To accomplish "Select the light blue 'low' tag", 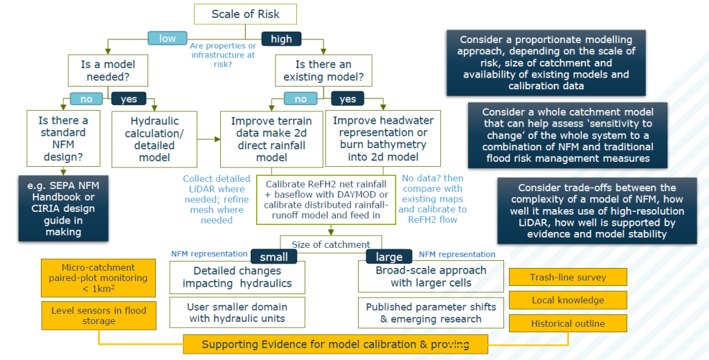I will (x=168, y=38).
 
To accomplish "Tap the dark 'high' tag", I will (x=281, y=39).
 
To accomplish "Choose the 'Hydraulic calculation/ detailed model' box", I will (x=150, y=138).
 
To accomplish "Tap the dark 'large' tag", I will (x=388, y=257).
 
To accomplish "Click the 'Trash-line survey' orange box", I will (x=568, y=278).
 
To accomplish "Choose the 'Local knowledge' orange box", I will (x=568, y=300).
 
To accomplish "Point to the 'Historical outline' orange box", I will (x=568, y=323).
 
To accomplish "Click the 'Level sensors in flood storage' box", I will (x=99, y=315).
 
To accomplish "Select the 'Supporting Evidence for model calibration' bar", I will (x=335, y=344).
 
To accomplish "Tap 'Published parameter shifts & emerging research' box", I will (x=431, y=313).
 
